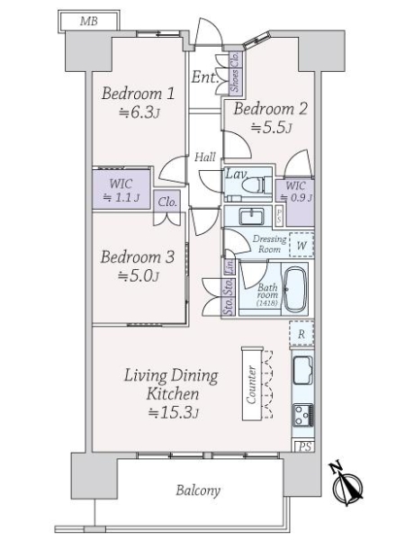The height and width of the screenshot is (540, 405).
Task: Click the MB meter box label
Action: pos(89,22)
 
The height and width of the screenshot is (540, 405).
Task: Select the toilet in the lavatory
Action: pos(256,185)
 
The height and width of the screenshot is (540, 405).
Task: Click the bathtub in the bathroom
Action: pos(295,289)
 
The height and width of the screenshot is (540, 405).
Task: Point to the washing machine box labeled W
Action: pos(301,245)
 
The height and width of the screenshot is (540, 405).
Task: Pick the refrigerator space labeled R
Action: pos(301,333)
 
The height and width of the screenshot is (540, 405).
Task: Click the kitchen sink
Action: pos(303,370)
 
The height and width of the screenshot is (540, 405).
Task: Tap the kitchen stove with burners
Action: pos(303,415)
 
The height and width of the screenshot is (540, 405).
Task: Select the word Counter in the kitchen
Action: pos(252,384)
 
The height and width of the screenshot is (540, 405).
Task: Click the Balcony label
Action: pos(198,490)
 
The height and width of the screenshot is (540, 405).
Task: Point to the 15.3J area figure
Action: pos(173,412)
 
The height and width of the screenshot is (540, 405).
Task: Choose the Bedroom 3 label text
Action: pos(138,256)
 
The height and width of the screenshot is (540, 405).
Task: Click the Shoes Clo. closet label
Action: pos(235,72)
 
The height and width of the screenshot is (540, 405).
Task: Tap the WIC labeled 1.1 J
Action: pos(121,190)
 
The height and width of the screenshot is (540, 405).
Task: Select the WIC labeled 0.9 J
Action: pos(295,192)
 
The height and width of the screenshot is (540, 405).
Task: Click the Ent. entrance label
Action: pos(205,77)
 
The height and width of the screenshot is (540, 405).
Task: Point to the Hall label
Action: pos(205,157)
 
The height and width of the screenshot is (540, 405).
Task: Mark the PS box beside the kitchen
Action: pos(304,446)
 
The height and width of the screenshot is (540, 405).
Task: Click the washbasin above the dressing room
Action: pos(252,217)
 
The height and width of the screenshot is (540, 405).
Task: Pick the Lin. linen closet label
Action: pos(229,266)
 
